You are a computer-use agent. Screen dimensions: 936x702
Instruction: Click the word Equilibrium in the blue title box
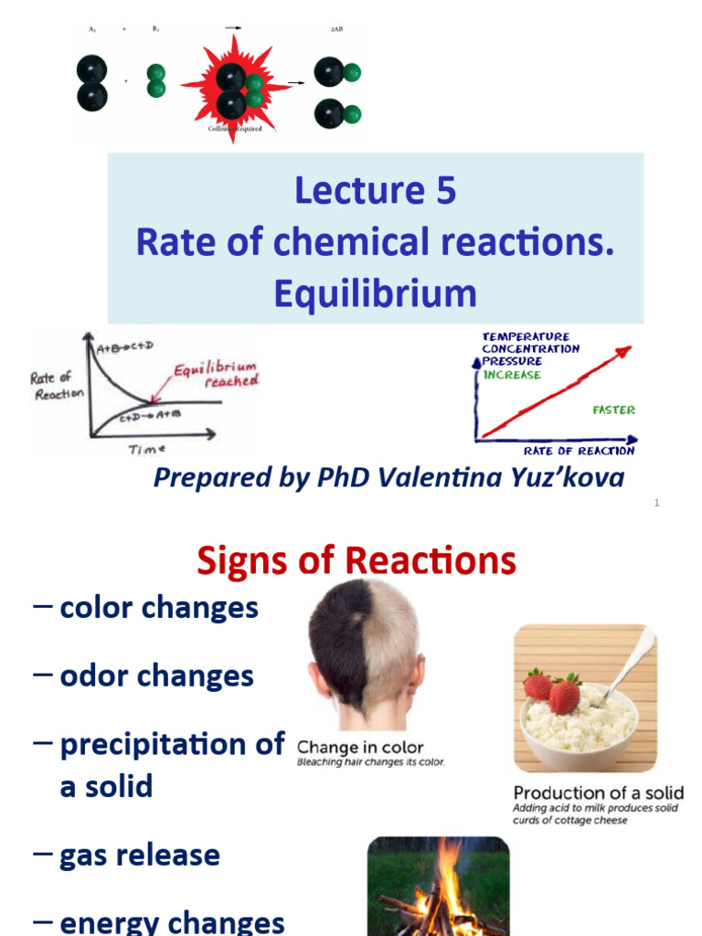click(375, 294)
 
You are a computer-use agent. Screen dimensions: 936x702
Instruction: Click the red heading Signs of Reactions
click(356, 561)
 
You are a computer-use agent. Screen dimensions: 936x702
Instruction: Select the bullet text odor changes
click(156, 676)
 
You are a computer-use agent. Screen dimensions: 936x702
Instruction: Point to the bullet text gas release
click(140, 855)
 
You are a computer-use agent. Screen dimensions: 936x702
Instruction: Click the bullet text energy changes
click(172, 921)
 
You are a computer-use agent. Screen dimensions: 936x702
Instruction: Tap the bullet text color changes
click(159, 608)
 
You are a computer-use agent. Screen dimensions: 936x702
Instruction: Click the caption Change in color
click(360, 747)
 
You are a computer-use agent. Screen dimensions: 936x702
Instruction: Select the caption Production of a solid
click(598, 792)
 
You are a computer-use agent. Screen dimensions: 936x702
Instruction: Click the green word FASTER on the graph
click(613, 409)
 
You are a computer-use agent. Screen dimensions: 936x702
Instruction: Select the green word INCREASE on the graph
click(512, 375)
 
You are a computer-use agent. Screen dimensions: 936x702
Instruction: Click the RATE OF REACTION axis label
click(578, 451)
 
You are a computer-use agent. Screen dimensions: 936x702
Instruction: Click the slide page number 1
click(657, 503)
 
